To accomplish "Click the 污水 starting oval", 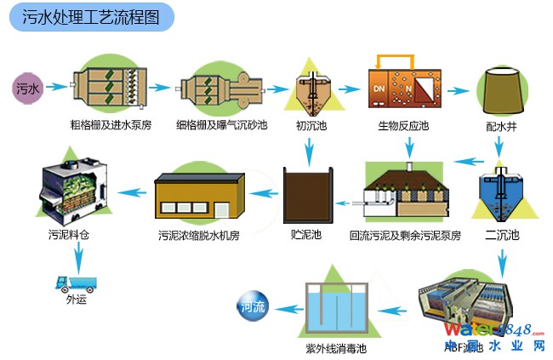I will click(x=27, y=88).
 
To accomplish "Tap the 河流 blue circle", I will click(x=253, y=306).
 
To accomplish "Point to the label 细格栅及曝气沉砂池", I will click(x=221, y=125).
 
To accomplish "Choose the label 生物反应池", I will click(x=403, y=125).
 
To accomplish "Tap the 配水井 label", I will click(x=501, y=125).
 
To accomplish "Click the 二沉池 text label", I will click(x=501, y=234).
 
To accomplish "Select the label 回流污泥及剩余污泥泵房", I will click(x=405, y=234).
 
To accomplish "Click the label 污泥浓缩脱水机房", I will click(x=200, y=234).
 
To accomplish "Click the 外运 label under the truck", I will click(x=76, y=299).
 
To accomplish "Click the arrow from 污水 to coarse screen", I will click(x=55, y=87).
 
